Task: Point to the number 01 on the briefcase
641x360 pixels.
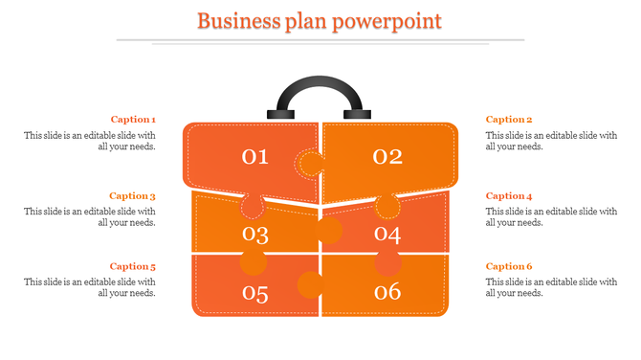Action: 255,156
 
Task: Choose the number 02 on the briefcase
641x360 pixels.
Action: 387,156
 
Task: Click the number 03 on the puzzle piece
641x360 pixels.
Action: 255,234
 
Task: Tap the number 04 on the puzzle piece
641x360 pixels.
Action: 387,234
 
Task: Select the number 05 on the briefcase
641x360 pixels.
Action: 255,293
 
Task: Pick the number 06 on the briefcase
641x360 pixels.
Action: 387,293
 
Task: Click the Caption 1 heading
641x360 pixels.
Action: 133,120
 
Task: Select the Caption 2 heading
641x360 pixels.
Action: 509,120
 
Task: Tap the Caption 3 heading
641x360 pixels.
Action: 133,196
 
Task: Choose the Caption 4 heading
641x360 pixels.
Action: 509,196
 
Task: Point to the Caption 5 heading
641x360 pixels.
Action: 133,266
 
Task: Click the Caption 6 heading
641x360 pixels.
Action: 509,266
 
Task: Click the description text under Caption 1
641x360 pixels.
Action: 90,141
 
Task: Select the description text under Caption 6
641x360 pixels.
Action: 551,287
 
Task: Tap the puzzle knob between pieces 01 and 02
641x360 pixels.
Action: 309,164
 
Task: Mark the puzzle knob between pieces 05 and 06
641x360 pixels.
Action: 309,283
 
